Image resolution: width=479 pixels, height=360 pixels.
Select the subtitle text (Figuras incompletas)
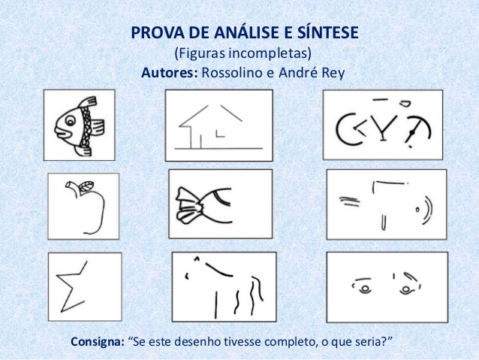click(243, 53)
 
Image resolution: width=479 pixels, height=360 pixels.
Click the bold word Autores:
click(170, 73)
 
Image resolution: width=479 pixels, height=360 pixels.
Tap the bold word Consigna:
click(98, 341)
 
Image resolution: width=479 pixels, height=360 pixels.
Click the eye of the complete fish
click(71, 120)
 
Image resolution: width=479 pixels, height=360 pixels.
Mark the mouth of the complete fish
click(62, 132)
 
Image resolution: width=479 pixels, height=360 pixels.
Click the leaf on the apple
click(87, 186)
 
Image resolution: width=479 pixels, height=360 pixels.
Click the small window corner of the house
click(220, 134)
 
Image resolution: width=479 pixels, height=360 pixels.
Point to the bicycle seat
click(405, 104)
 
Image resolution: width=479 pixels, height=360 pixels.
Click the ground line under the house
click(218, 149)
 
